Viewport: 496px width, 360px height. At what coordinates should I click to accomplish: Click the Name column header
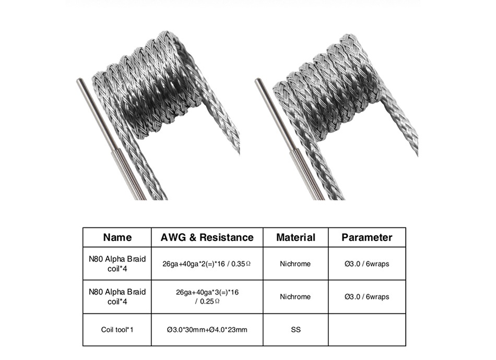(117, 237)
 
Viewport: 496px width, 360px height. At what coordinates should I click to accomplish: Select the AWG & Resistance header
(207, 237)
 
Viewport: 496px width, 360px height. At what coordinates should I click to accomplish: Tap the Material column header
(296, 237)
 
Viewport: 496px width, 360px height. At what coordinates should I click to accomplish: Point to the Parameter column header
(367, 237)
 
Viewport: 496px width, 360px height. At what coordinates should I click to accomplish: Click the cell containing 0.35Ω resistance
(207, 263)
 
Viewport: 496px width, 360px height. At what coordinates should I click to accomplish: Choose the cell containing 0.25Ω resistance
(207, 296)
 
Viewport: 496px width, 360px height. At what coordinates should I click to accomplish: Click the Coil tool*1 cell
(117, 330)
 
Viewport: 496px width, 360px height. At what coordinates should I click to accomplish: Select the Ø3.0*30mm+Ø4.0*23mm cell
(207, 330)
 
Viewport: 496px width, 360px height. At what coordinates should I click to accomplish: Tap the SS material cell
(296, 330)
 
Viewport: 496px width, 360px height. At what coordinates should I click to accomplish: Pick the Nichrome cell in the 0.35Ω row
(296, 263)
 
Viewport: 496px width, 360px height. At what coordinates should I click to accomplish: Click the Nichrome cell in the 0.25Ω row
(296, 296)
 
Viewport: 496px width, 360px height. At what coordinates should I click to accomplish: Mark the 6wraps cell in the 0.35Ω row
(367, 263)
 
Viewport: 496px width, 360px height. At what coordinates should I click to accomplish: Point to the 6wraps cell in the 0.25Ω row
(367, 296)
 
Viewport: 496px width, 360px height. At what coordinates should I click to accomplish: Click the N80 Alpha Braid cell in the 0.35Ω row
(117, 263)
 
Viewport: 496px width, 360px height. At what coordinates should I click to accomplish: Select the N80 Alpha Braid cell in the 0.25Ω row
(117, 296)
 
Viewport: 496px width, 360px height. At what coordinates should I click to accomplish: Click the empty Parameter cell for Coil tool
(367, 330)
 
